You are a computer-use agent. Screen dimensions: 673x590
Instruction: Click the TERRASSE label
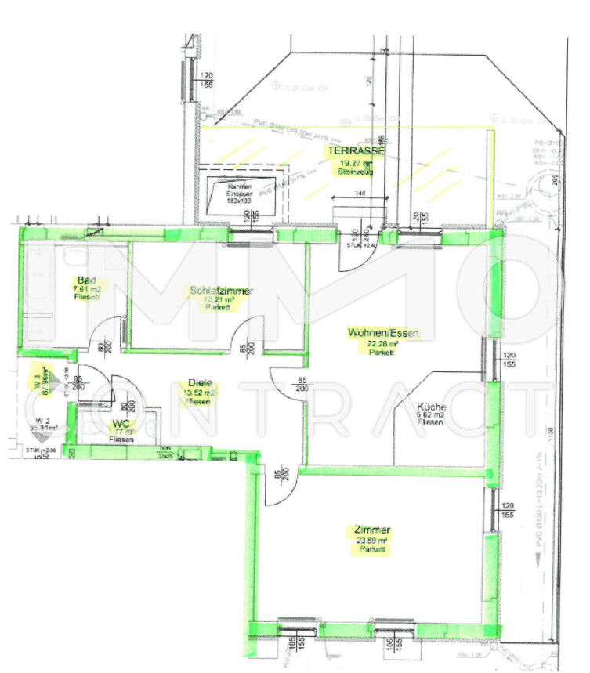tap(356, 150)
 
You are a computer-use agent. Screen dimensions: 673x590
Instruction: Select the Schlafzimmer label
tap(220, 291)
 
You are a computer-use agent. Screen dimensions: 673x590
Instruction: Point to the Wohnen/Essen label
tap(384, 333)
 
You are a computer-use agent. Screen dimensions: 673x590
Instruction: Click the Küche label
tap(432, 407)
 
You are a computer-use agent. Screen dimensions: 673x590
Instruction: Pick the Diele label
tap(200, 383)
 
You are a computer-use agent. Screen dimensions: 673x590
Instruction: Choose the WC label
tap(121, 423)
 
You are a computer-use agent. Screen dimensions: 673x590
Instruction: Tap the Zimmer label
tap(371, 530)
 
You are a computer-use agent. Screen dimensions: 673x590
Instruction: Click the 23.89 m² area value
tap(372, 541)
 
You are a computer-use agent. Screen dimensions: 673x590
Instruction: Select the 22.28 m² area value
tap(384, 343)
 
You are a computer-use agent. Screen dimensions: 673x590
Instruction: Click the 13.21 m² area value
tap(220, 300)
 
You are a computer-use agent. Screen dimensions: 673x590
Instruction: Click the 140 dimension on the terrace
tap(360, 192)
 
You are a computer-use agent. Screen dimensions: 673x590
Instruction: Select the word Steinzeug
tap(355, 171)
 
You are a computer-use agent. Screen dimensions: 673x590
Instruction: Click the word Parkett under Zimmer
tap(371, 550)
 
